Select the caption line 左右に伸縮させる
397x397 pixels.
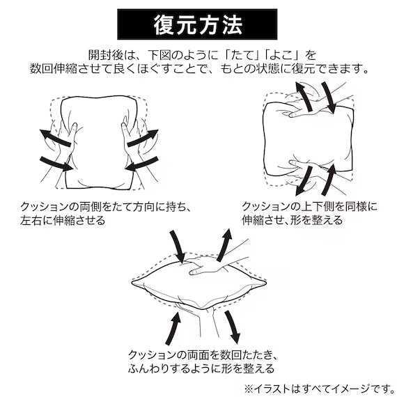[63, 221]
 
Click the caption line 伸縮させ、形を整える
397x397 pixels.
[292, 221]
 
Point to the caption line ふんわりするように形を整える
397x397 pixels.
[201, 368]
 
